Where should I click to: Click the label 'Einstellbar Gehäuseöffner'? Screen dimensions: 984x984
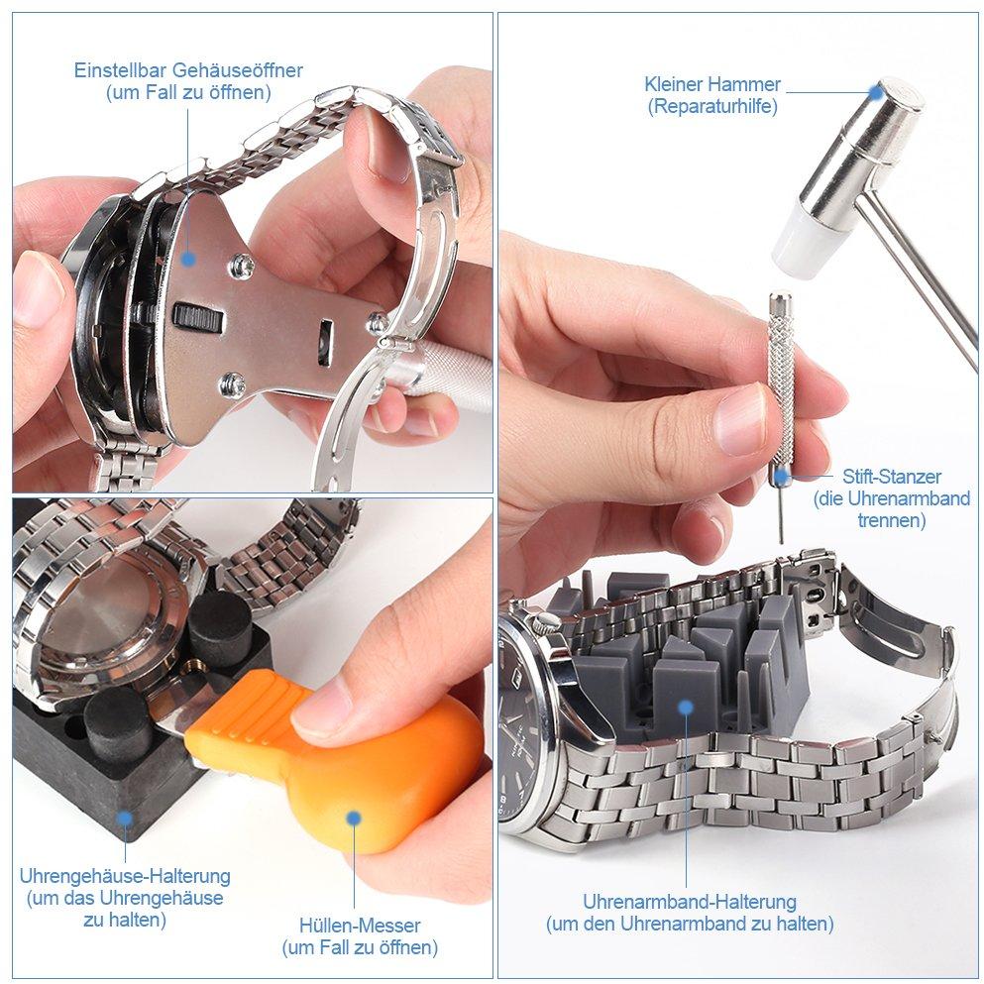coord(188,69)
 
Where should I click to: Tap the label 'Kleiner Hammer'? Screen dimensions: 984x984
coord(712,84)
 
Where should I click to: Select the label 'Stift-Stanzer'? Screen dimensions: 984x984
coord(891,477)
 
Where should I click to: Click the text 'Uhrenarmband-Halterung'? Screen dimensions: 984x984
coord(690,902)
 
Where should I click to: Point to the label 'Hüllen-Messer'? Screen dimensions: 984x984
coord(360,925)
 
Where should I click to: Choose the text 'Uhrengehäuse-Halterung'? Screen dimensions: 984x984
coord(125,875)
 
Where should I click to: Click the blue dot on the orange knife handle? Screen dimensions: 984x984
coord(354,818)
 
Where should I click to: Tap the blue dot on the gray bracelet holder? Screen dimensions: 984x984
coord(686,708)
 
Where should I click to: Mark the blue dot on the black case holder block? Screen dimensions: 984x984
coord(125,818)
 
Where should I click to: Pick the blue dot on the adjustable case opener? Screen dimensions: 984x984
coord(187,258)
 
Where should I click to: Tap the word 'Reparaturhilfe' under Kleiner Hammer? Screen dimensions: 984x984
coord(712,106)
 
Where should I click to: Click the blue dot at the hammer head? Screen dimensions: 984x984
coord(877,91)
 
